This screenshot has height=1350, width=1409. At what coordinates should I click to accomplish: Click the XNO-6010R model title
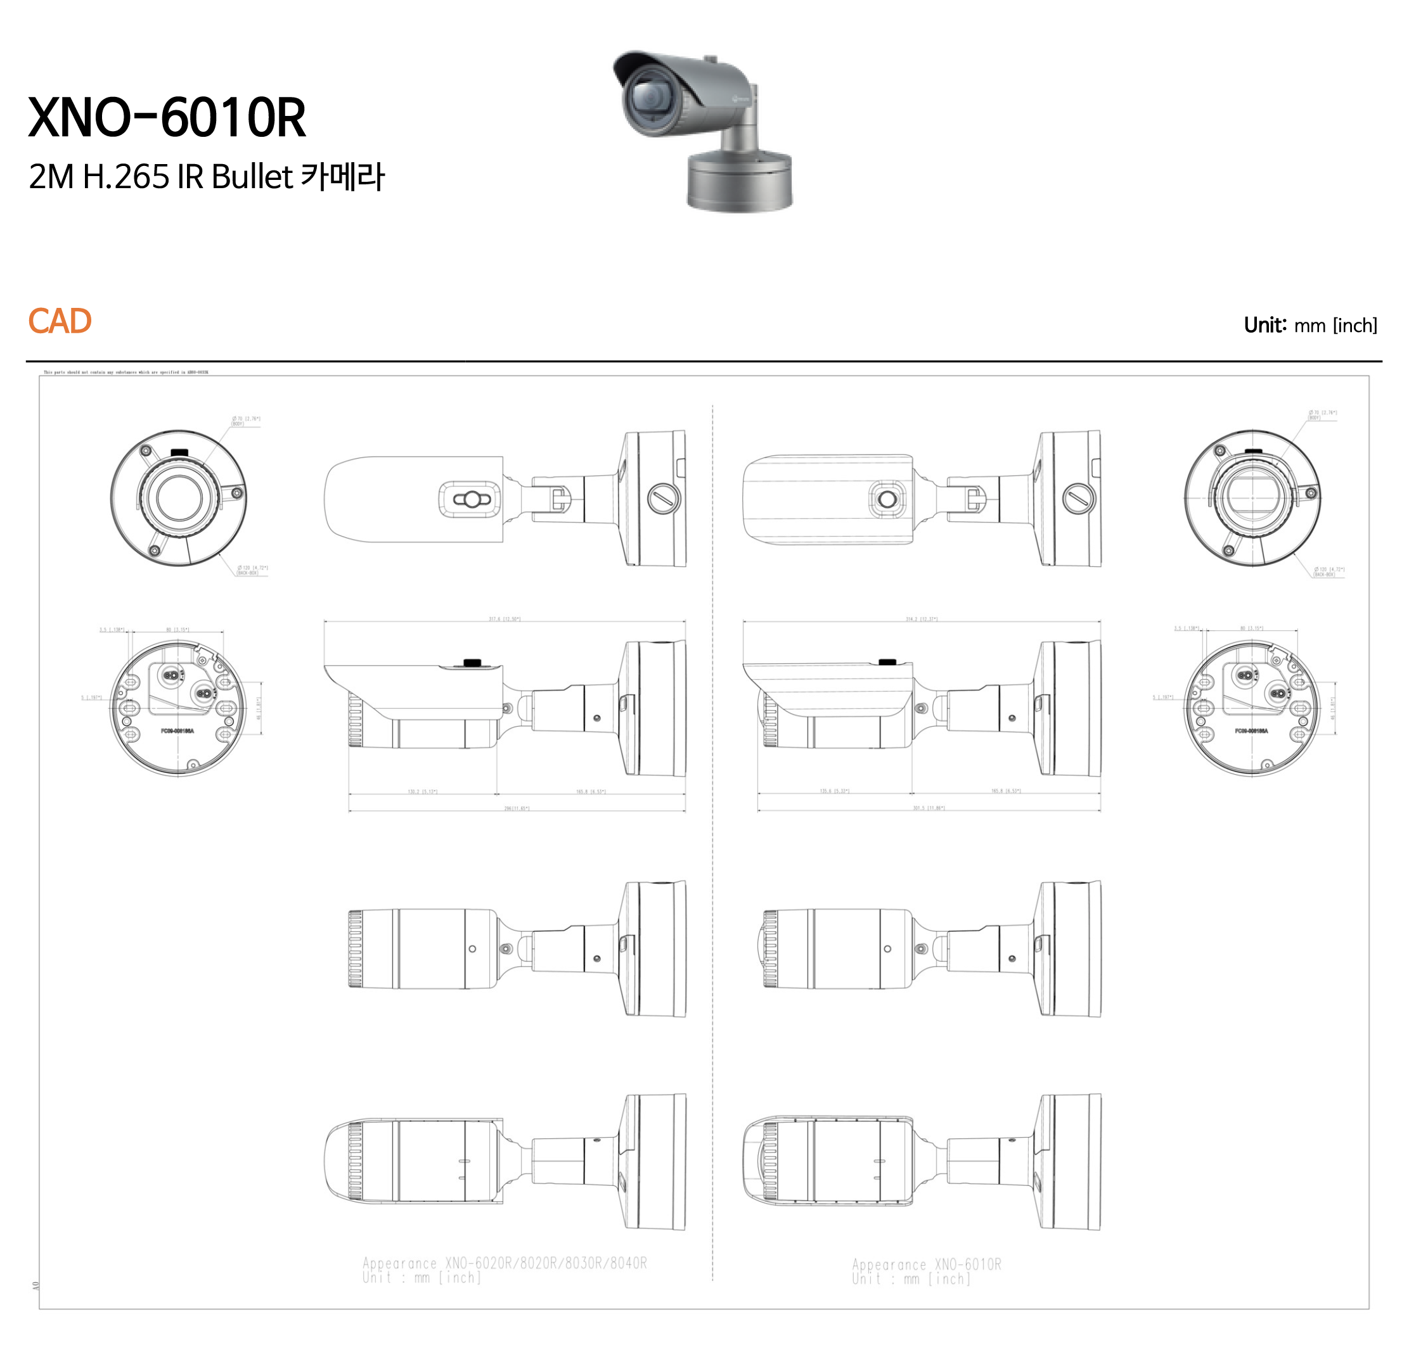coord(167,118)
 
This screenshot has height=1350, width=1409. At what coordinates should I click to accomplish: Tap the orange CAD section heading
coord(60,321)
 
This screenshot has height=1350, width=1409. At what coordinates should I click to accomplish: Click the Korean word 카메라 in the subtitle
coord(342,177)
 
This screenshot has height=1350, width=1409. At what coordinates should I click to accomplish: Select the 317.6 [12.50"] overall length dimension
coord(504,618)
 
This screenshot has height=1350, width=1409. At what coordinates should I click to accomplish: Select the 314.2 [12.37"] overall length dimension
coord(921,618)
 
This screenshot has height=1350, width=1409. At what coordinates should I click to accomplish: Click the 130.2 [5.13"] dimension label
coord(423,792)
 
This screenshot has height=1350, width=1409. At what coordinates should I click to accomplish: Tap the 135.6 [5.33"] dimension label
coord(834,791)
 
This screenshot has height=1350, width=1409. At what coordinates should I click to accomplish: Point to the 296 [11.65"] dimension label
coord(516,808)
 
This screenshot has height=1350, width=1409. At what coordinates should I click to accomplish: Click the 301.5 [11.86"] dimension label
coord(929,808)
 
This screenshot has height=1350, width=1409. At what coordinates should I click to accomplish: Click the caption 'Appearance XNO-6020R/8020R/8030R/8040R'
coord(504,1263)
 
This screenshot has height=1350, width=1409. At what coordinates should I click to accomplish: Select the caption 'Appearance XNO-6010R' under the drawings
coord(926,1264)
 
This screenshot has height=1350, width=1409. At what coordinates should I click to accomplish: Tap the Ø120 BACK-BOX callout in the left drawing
coord(252,570)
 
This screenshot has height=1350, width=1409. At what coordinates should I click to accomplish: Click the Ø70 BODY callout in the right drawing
coord(1322,414)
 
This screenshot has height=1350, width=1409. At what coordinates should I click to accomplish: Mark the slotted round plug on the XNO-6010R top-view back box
coord(1078,498)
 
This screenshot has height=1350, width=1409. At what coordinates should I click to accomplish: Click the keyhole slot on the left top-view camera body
coord(472,499)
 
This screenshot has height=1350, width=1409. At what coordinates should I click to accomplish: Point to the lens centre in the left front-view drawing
coord(178,498)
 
